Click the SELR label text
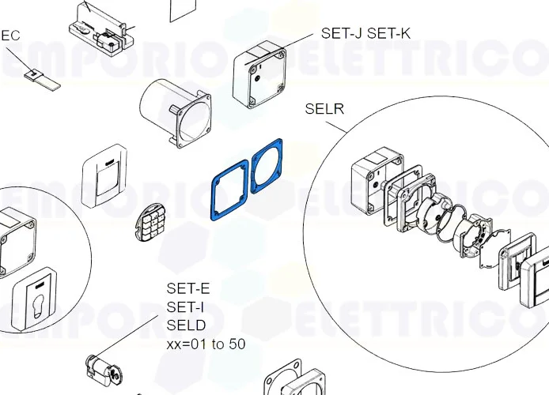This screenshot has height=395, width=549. pos(324,109)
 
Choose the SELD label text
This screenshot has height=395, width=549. pos(186,325)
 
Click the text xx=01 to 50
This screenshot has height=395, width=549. pos(206,344)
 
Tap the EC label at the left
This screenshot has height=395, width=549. pos(10,36)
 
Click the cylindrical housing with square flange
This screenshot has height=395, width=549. pos(176,113)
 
